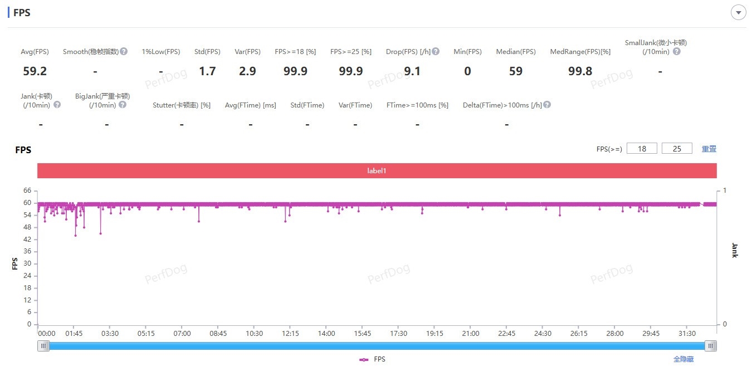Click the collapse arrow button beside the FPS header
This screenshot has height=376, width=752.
tap(738, 12)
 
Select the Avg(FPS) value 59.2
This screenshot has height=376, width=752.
tap(35, 71)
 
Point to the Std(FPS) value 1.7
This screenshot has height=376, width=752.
tap(207, 71)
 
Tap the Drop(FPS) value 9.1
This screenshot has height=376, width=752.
tap(412, 71)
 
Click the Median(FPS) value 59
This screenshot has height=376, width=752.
tap(516, 71)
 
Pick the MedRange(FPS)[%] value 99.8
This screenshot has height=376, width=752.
tap(580, 71)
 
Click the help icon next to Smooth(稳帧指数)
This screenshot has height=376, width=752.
tap(124, 51)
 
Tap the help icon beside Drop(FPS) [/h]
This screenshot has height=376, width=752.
tap(436, 51)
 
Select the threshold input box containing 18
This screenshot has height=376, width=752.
tap(642, 149)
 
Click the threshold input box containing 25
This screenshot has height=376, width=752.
tap(677, 149)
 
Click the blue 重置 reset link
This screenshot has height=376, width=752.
tap(709, 149)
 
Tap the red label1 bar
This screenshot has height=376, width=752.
tap(377, 170)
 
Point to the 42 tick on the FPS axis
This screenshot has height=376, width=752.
tap(27, 240)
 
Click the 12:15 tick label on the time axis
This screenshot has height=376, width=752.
tap(290, 334)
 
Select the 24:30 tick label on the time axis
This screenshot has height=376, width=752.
tap(543, 334)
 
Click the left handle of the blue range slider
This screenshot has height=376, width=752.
tap(43, 346)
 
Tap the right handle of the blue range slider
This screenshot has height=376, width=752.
tap(710, 346)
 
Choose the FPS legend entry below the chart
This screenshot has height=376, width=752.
tap(373, 359)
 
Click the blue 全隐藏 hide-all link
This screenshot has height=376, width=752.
tap(683, 359)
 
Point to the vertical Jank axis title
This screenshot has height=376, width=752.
tap(734, 250)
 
